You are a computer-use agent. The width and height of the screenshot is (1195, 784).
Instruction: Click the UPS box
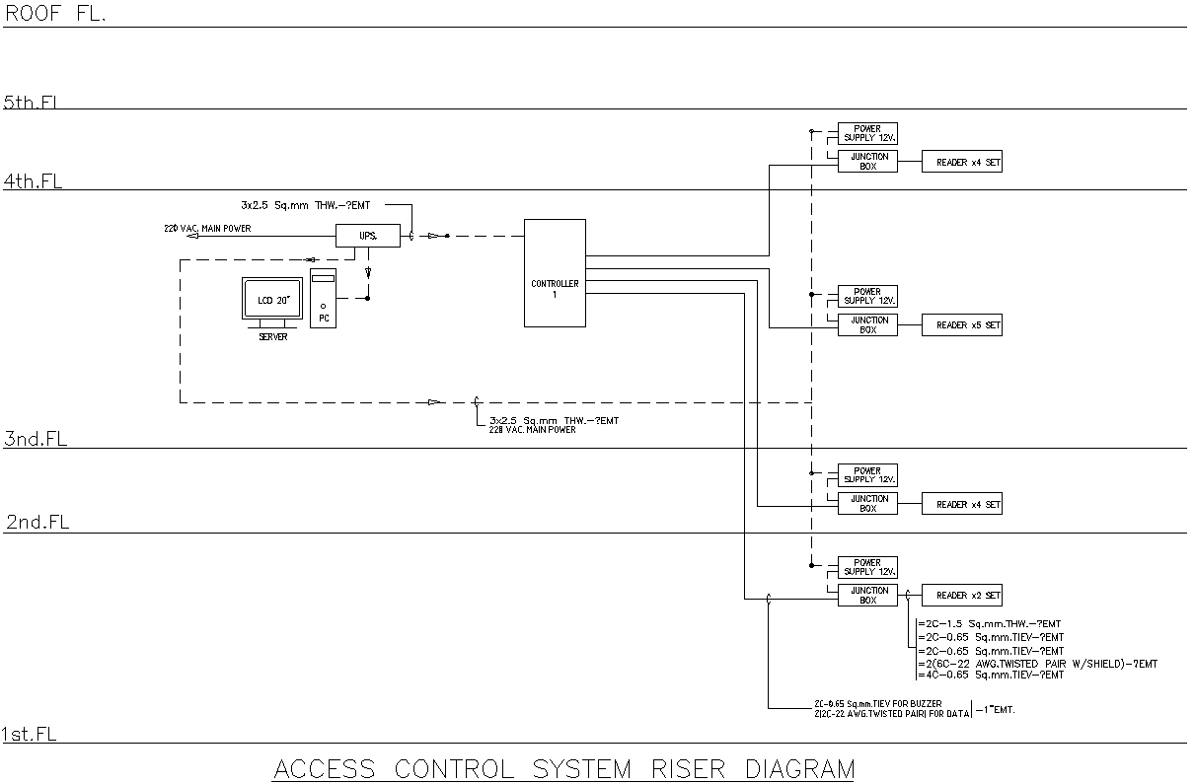coord(367,236)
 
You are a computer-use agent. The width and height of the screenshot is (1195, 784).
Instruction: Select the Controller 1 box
coord(554,273)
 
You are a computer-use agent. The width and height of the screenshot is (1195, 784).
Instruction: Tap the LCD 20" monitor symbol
coord(272,300)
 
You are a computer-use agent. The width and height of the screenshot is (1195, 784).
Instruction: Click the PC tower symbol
coord(323,298)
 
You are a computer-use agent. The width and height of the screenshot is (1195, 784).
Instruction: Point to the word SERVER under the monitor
coord(273,337)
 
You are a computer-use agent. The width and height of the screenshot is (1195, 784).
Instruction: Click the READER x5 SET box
coord(961,325)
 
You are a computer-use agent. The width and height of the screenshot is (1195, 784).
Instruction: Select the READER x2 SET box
coord(961,596)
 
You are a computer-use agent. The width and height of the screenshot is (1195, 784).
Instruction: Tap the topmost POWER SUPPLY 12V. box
coord(867,133)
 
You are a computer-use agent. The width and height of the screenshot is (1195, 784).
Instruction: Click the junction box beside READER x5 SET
coord(867,325)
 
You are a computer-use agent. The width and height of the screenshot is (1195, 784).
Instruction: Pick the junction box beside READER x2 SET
coord(867,596)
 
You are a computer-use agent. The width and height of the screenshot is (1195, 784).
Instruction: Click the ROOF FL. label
coord(55,14)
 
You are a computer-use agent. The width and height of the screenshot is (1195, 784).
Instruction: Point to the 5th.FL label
coord(34,102)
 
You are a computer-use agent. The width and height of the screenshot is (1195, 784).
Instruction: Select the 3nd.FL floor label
coord(36,440)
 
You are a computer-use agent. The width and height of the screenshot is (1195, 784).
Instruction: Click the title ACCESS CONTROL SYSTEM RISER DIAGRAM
coord(562,769)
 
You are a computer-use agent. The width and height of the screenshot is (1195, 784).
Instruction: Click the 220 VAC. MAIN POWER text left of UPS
coord(207,229)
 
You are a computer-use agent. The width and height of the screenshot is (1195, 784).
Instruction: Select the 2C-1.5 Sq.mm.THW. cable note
coord(991,624)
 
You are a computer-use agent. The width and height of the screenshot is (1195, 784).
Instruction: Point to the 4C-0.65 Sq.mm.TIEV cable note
coord(991,676)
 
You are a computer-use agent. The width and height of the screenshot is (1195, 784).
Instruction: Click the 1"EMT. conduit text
coord(996,709)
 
